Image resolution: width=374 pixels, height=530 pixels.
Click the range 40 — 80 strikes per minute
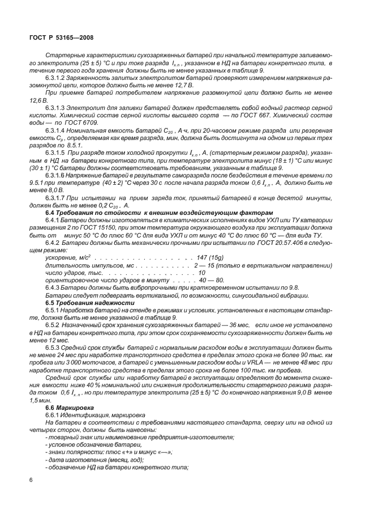coord(212,281)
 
